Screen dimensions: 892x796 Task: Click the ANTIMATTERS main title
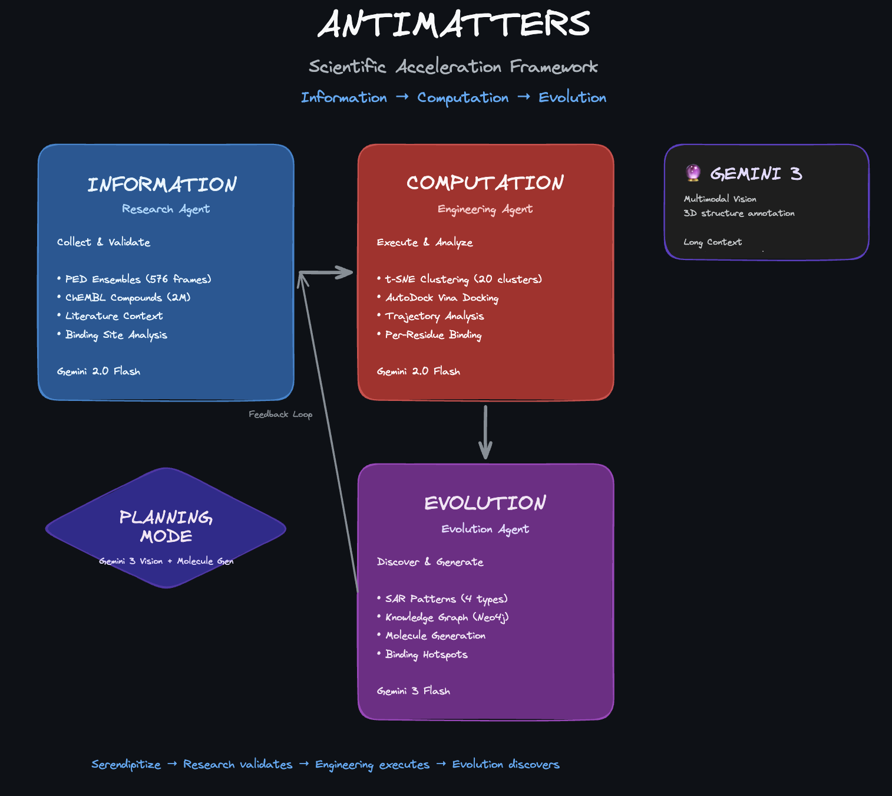[x=454, y=25]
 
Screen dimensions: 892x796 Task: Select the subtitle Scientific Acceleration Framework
[x=453, y=67]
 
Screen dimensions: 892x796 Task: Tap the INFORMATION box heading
[x=162, y=185]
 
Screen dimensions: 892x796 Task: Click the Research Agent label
[x=166, y=209]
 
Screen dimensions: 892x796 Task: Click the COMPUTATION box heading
[x=485, y=183]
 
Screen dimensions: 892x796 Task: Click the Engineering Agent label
[x=485, y=209]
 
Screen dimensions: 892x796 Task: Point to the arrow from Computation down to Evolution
[x=485, y=432]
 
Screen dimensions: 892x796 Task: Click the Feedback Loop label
[x=280, y=415]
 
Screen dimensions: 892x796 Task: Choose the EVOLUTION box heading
[x=485, y=503]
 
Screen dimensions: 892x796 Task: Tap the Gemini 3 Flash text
[x=414, y=691]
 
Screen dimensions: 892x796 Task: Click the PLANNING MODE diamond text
[x=166, y=527]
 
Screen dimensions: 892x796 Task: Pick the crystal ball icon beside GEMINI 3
[x=693, y=173]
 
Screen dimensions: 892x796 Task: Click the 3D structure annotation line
[x=739, y=213]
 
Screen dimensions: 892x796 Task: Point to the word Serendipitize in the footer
[x=126, y=765]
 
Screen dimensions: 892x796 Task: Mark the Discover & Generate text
[x=430, y=562]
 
